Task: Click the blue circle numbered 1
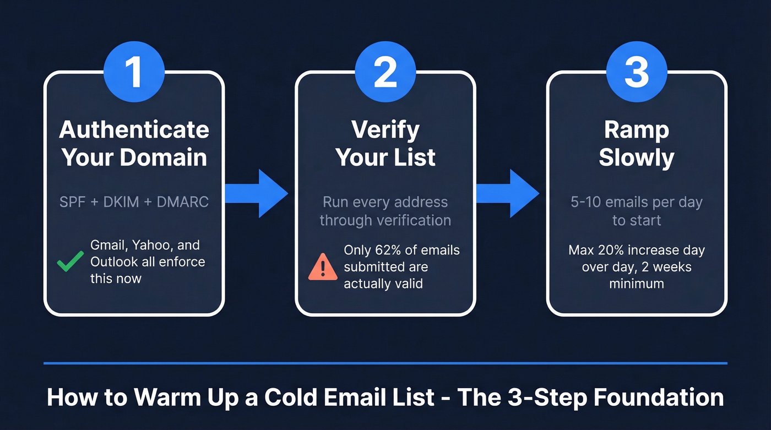(x=134, y=72)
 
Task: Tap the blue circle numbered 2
(x=385, y=72)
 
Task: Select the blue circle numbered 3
(x=636, y=72)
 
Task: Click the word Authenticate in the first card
(x=134, y=130)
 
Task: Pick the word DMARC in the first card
(x=183, y=202)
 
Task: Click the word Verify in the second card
(x=385, y=130)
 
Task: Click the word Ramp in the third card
(x=636, y=130)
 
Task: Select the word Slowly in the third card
(x=636, y=157)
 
